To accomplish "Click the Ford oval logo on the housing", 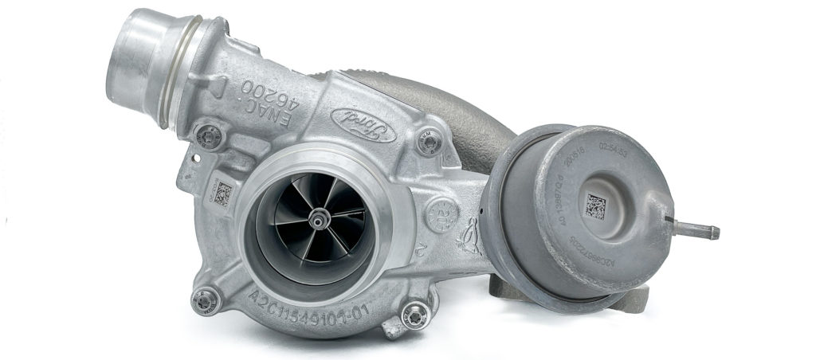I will (363, 125).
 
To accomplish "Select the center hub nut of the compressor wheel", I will (320, 216).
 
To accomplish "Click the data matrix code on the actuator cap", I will (596, 205).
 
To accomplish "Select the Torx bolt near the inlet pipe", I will (210, 135).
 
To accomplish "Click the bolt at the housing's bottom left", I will (206, 300).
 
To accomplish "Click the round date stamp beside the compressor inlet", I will (441, 213).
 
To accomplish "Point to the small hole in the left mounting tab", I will (190, 166).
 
